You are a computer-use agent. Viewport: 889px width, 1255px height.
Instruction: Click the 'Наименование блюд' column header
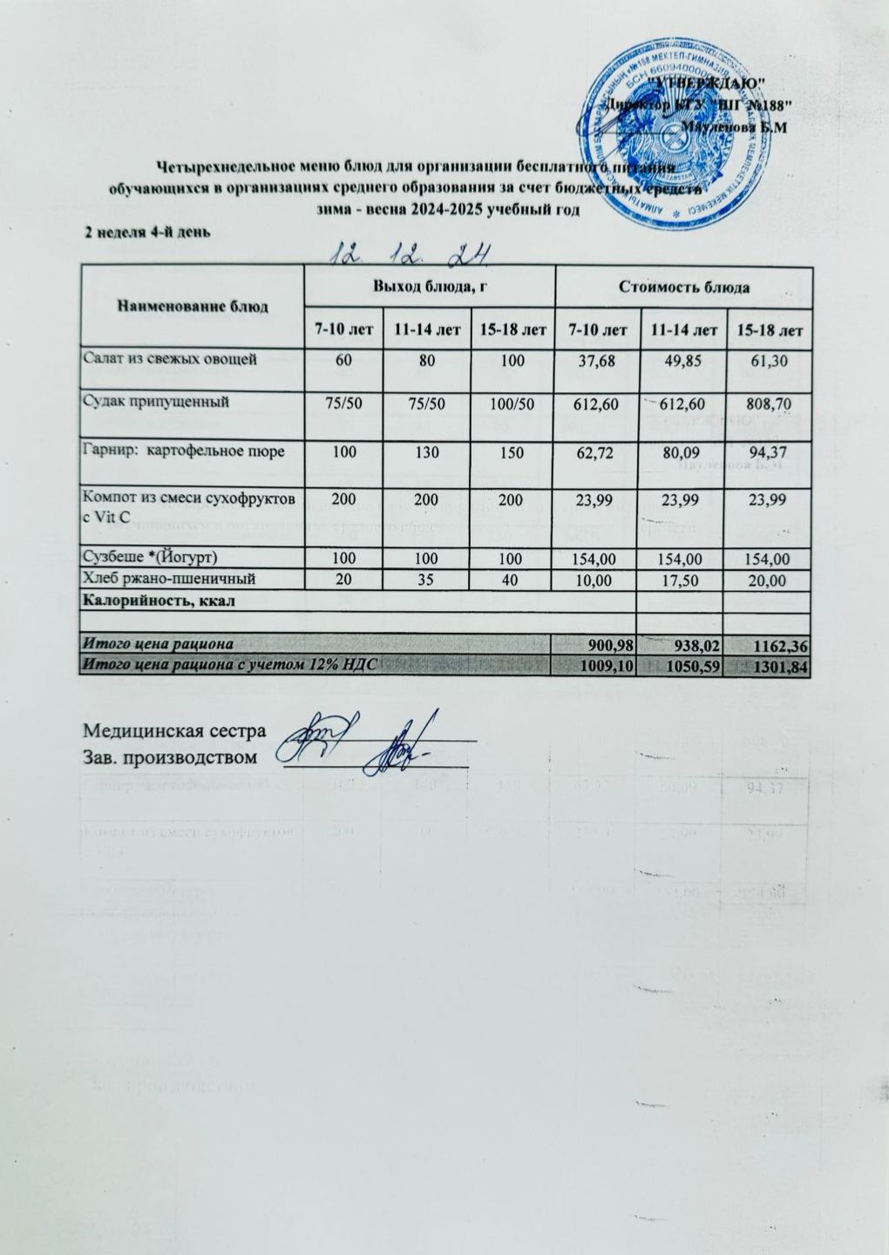tap(192, 306)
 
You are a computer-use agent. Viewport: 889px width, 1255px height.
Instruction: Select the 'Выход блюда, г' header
tap(429, 286)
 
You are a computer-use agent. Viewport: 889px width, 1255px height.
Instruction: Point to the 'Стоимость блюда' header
tap(684, 286)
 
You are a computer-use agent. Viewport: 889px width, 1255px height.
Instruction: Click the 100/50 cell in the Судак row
tap(512, 405)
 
